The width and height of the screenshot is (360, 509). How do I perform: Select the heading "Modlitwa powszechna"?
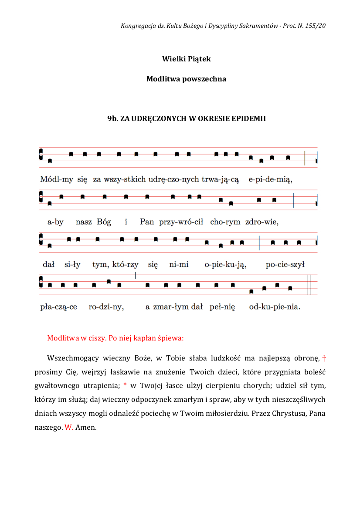pos(186,79)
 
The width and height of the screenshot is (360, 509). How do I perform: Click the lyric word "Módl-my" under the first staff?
pos(57,179)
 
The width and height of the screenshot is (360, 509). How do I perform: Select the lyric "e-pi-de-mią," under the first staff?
pos(271,179)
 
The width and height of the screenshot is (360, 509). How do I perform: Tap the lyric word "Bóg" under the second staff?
pos(104,222)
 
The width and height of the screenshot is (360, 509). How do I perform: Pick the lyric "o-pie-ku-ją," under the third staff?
pos(225,264)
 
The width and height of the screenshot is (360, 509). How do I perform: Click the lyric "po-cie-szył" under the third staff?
pos(285,264)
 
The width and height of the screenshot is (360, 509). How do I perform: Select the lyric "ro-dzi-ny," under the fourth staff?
pos(106,307)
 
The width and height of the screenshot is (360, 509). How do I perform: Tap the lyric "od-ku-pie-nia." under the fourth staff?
pos(275,307)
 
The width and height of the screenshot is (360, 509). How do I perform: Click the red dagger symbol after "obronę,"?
pos(323,358)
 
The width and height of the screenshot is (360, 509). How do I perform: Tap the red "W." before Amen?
pos(69,428)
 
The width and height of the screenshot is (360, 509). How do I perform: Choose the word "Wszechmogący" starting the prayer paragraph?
pos(72,358)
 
